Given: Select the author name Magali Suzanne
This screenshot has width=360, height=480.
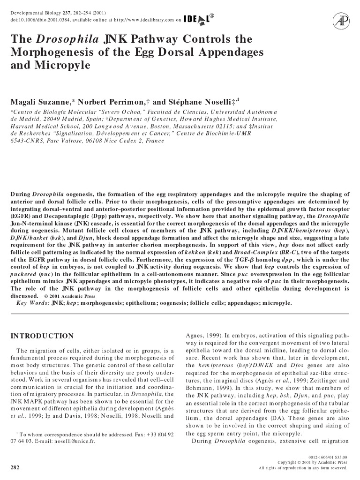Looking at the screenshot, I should pos(40,102).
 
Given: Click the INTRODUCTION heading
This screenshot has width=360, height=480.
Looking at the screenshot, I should pos(42,336).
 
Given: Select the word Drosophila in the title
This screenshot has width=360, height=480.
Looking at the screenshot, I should pos(66,39).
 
